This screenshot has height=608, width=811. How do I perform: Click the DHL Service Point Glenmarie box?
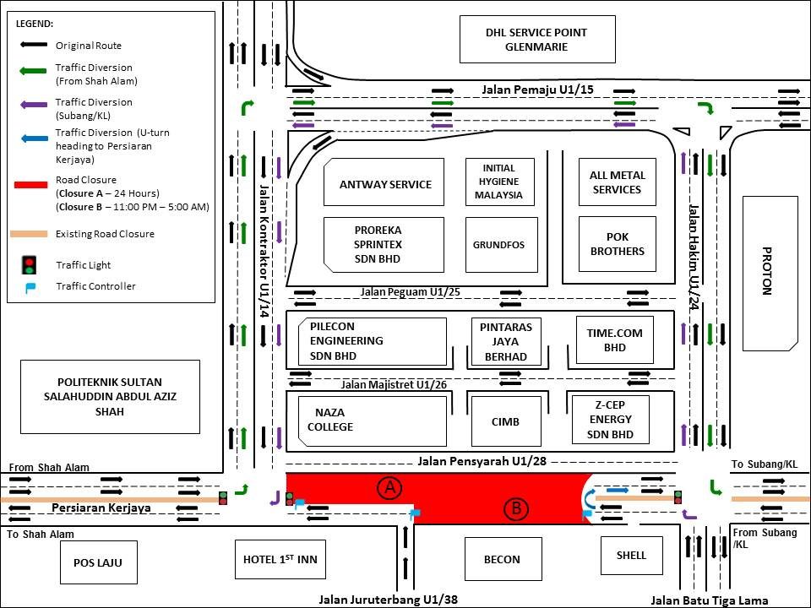pos(536,39)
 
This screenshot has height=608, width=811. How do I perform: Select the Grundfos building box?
pos(501,245)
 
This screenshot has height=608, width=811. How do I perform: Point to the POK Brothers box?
pos(617,244)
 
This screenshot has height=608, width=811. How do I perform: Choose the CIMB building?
pos(505,421)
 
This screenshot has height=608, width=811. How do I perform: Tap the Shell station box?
pos(631,556)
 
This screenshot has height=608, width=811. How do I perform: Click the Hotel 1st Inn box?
pos(279,559)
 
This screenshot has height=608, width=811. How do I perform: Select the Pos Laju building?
pos(99,562)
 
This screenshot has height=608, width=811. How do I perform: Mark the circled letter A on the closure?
pos(389,487)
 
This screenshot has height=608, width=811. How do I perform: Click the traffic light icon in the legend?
pos(30,265)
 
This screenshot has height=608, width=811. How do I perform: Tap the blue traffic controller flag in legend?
pos(30,287)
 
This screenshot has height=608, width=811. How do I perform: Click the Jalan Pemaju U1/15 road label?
pos(525,89)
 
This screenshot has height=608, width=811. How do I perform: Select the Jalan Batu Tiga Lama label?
pos(709,600)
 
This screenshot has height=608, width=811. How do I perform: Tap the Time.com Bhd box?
pos(614,339)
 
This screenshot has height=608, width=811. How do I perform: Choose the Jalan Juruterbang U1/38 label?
pos(388,600)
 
